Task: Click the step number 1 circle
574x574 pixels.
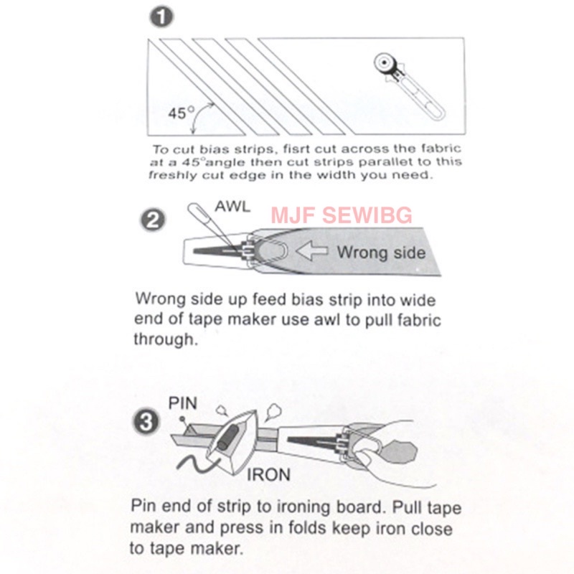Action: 161,17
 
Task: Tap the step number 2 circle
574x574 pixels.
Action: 153,220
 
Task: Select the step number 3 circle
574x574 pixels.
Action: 146,421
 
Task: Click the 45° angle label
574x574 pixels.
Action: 182,113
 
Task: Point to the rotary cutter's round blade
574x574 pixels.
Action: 385,63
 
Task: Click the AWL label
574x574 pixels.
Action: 232,207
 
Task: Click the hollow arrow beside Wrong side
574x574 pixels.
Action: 311,250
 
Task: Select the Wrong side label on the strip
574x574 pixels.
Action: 381,253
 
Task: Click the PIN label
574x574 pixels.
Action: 183,403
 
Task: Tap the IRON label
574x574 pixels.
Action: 268,475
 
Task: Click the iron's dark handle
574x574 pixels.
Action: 227,438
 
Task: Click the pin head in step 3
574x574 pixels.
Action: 182,418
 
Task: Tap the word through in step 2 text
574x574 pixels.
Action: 166,339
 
